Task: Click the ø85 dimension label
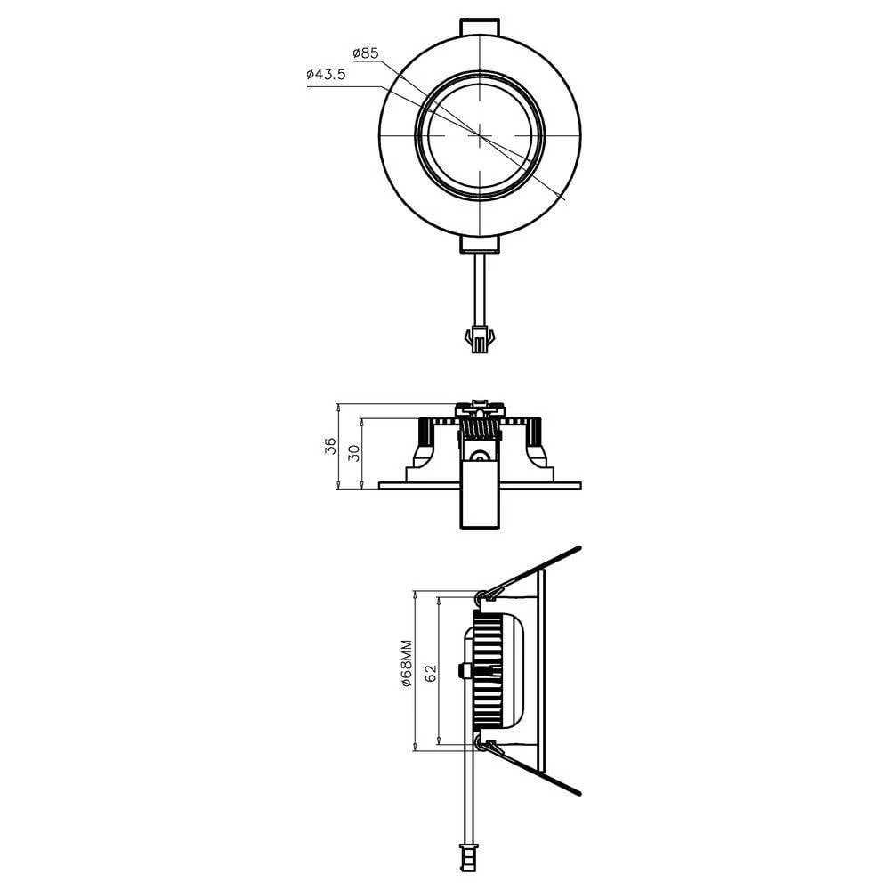pos(366,53)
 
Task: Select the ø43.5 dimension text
pos(326,77)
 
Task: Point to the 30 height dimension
pos(353,453)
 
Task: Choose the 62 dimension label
pos(431,673)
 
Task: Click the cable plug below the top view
pos(480,339)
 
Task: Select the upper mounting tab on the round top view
pos(480,26)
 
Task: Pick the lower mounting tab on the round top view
pos(480,244)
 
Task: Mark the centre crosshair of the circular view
pos(480,135)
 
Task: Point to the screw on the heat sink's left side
pos(463,670)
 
